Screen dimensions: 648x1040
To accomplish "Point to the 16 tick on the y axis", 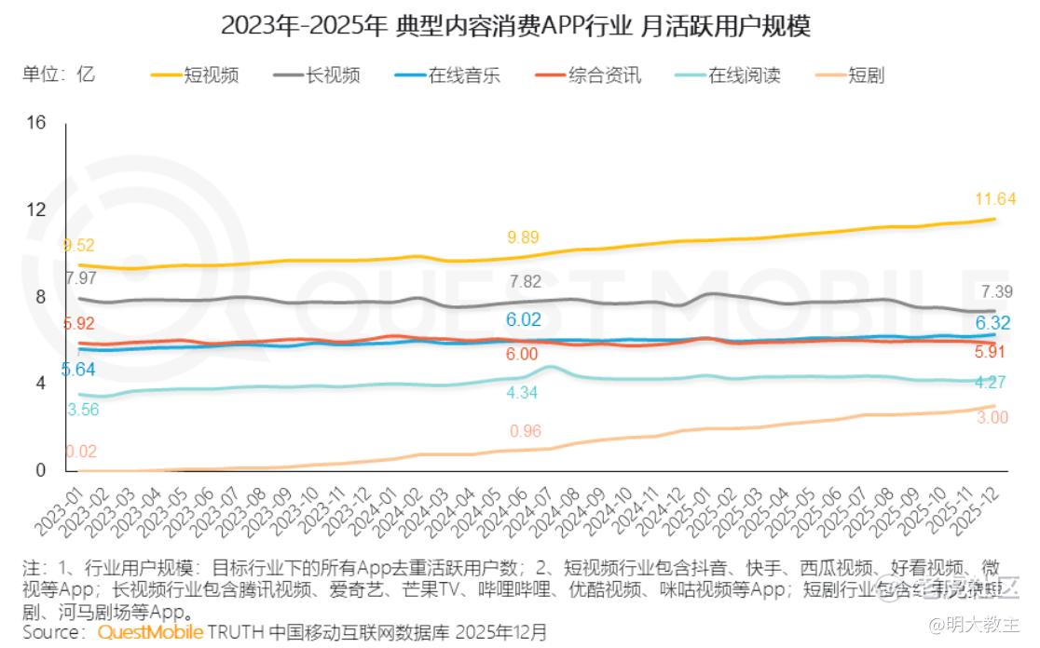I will coord(35,123).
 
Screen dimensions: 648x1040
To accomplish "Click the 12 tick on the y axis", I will coord(35,209).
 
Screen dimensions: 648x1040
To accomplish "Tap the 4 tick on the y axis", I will coord(40,384).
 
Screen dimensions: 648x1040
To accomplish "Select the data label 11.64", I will coord(994,198).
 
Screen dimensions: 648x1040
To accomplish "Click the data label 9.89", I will coord(522,236).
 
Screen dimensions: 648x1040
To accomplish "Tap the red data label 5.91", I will coord(991,353).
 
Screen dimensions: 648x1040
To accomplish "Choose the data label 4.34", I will coord(522,393).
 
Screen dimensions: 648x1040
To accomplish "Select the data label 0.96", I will coord(525,431).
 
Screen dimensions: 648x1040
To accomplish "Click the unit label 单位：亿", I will coord(59,74).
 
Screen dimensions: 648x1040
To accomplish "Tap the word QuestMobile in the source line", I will coord(151,633).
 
